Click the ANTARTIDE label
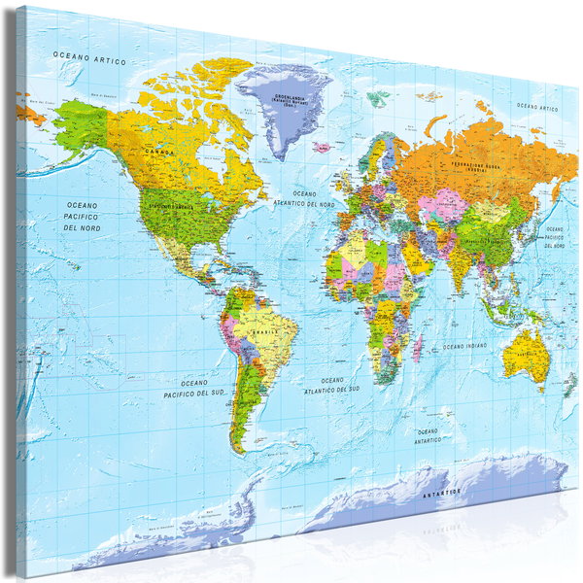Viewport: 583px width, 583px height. click(443, 495)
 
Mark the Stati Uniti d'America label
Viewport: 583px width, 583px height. click(178, 208)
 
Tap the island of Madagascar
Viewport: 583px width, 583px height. click(419, 345)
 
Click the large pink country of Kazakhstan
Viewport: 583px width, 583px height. click(450, 205)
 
